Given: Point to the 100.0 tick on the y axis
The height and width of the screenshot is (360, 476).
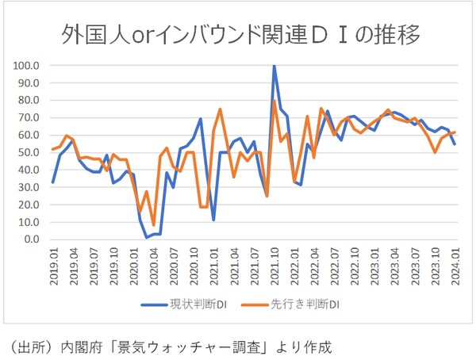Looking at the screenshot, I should tap(29, 65).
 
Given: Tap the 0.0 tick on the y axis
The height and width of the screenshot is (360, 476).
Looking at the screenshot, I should tap(32, 239).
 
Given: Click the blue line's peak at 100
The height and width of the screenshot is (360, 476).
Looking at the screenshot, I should tap(274, 66).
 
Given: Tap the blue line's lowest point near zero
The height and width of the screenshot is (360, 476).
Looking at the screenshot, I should tap(147, 237).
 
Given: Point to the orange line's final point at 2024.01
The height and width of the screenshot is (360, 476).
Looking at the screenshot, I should tap(455, 132).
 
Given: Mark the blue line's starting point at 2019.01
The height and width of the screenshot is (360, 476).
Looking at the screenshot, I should tap(52, 182).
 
